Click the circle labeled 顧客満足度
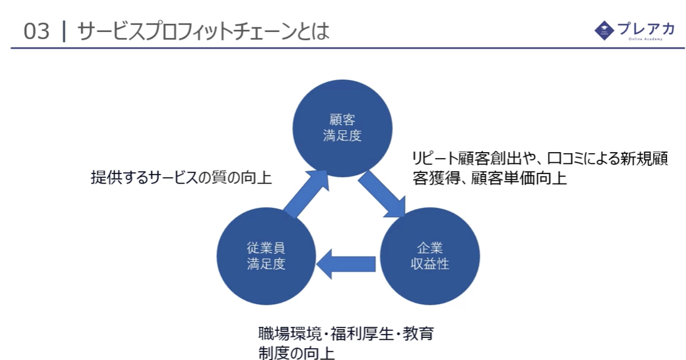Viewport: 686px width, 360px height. coord(342,128)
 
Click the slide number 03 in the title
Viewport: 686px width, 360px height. coord(37,31)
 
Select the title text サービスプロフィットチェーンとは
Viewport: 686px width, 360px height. coord(203,31)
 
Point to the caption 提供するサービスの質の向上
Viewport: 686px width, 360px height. coord(181,178)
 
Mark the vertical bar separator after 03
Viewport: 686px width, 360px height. coord(64,31)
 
